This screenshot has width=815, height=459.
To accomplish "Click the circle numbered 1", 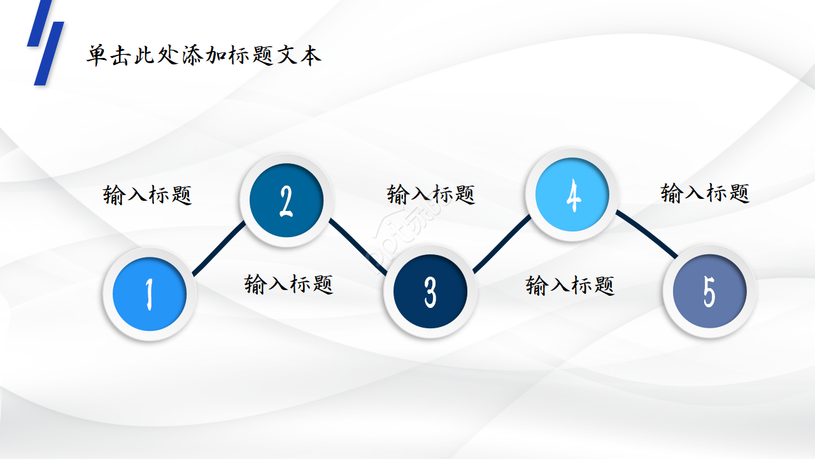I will coord(150,294).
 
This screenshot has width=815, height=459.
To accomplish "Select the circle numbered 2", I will coord(286,201).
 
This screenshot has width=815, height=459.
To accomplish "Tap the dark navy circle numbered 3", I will coord(430,292).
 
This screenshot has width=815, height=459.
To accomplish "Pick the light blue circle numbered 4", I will coord(572,195).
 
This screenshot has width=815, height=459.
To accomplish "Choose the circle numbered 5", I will coord(709,291).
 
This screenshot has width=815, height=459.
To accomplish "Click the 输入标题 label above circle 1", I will coord(148,194).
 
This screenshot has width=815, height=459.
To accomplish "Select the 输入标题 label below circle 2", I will coord(289,283).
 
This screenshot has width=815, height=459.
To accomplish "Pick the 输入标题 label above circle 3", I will coord(431,194).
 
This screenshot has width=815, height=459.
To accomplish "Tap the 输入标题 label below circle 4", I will coord(570,284).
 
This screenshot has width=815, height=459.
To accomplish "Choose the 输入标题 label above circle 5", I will coord(705,192).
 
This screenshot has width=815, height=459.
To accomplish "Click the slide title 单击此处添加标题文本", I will coord(204,55).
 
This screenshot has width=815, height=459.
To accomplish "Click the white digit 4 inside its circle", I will coord(573,196).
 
